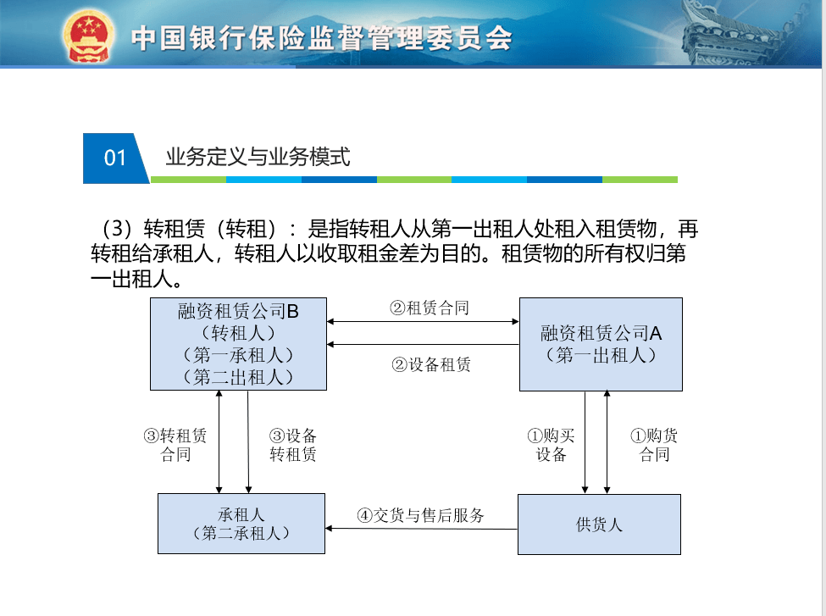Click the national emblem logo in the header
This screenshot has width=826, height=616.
click(x=88, y=35)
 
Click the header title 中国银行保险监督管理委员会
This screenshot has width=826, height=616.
click(x=321, y=38)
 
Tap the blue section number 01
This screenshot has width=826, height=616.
click(x=115, y=158)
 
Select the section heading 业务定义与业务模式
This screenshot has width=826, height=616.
click(x=258, y=157)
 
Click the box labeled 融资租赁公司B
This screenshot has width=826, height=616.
click(x=238, y=344)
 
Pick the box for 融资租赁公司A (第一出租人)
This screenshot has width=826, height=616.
click(x=601, y=344)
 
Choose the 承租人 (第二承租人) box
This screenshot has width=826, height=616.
click(x=241, y=524)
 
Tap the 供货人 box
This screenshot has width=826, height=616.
click(x=599, y=524)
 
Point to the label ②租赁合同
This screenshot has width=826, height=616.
click(x=430, y=308)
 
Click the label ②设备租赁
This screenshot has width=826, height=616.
click(x=431, y=364)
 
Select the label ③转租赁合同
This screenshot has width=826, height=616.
click(x=175, y=445)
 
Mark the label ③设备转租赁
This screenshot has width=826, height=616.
click(x=293, y=445)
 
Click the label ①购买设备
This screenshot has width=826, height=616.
click(x=551, y=445)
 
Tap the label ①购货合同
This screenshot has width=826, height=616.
click(x=654, y=445)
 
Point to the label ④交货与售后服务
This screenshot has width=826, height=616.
click(x=420, y=515)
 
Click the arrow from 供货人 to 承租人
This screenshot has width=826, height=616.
click(x=421, y=529)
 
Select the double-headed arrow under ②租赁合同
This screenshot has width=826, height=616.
click(x=423, y=321)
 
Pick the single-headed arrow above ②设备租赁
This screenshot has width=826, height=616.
click(x=423, y=345)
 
